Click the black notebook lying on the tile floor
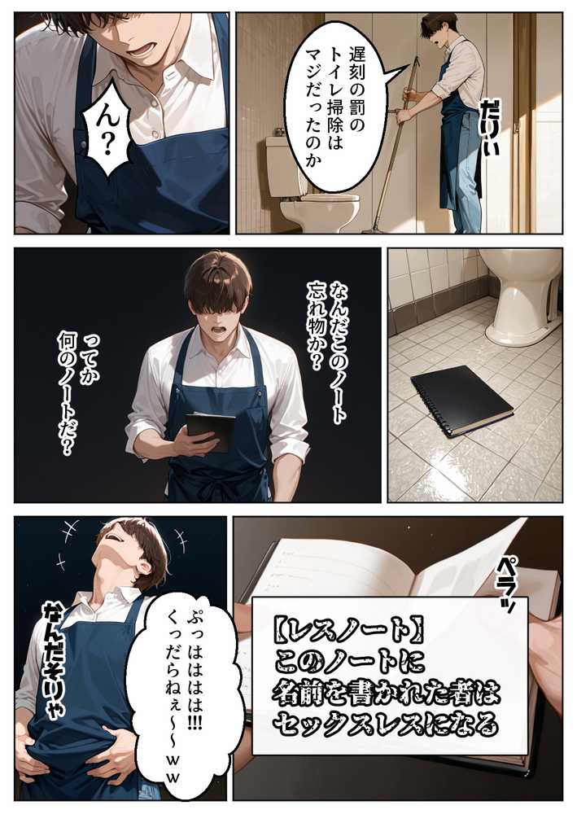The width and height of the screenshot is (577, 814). coord(461,399)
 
